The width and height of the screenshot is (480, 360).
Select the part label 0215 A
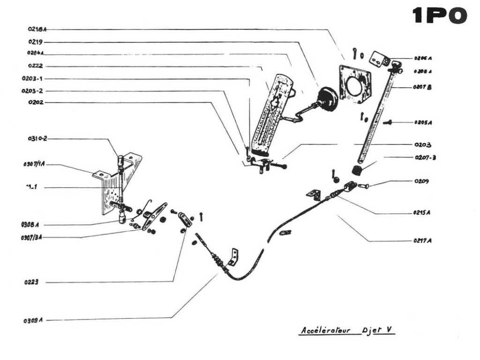(422, 212)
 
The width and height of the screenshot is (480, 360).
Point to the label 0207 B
(422, 87)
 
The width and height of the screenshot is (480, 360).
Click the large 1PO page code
(440, 16)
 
